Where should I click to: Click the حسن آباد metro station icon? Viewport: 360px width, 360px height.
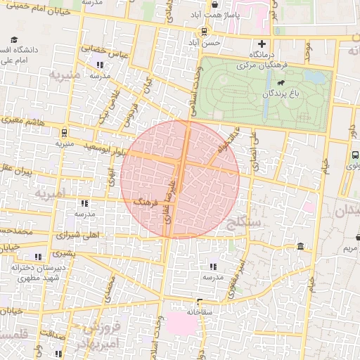pos(204,31)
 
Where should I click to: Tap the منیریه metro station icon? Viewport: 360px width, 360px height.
pos(63,131)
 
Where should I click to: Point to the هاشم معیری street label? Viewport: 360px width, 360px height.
pos(27,122)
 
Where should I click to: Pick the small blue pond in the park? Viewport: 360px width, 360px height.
pos(317,75)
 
